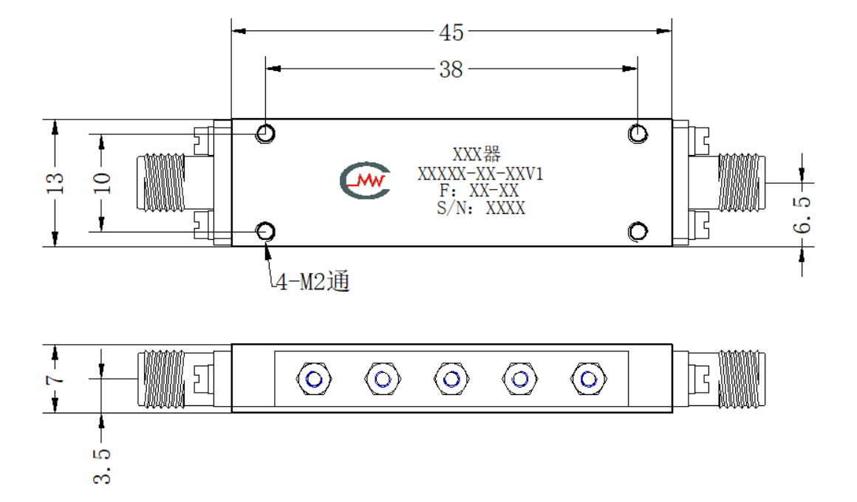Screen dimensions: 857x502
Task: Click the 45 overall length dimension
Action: tap(451, 32)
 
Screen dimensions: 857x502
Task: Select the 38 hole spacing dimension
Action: tap(451, 69)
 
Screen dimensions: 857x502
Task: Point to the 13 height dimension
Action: tap(55, 183)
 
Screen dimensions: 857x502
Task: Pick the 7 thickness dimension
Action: tap(55, 379)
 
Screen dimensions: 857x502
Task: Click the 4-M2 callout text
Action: tap(312, 282)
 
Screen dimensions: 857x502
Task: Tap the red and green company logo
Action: tap(366, 179)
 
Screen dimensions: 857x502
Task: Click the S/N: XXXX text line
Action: tap(481, 208)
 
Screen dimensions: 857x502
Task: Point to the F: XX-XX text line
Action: tap(479, 190)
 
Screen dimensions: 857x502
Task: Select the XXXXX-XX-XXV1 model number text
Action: tap(480, 173)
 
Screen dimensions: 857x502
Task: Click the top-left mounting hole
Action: tap(266, 134)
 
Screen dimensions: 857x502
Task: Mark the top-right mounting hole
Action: tap(638, 134)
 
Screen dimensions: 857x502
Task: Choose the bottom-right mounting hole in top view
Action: tap(638, 232)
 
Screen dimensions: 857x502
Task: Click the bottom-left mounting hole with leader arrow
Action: tap(266, 232)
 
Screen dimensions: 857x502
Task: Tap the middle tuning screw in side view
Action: tap(451, 379)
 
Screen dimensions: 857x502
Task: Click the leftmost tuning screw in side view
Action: tap(314, 379)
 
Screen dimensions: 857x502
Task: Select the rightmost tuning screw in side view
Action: tap(588, 379)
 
